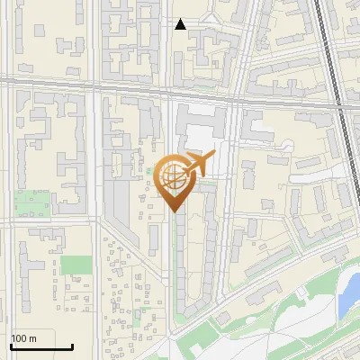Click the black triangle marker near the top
point(181,24)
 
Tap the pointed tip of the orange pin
point(175,211)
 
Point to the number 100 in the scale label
point(19,338)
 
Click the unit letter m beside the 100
point(32,338)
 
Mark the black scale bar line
point(41,346)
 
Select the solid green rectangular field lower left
point(76,265)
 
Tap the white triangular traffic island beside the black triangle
point(210,20)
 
